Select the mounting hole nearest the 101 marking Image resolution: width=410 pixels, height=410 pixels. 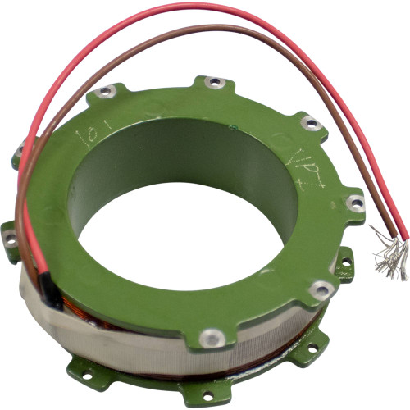pos(104,93)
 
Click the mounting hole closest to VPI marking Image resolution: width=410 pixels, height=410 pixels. pos(310,123)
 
